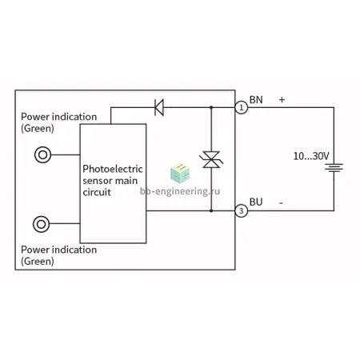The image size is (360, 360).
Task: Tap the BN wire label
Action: pos(256,100)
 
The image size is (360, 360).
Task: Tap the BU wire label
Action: pos(256,202)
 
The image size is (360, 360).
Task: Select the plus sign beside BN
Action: pos(282,100)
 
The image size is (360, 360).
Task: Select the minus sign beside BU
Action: pos(281,203)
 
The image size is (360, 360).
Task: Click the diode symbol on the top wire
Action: pos(159,107)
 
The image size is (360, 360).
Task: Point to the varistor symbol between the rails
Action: pos(211,159)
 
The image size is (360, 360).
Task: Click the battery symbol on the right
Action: pos(334,167)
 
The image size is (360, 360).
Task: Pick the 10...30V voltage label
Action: pos(311,156)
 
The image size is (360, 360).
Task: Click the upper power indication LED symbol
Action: pos(42,154)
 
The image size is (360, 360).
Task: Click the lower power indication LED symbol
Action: pos(41,224)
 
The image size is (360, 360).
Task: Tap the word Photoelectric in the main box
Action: pos(113,169)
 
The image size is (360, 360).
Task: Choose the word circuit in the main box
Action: pos(97,192)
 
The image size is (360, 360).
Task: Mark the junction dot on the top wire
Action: pos(211,107)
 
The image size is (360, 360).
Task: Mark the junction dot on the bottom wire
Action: pos(211,210)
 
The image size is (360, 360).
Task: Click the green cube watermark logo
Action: pos(180,174)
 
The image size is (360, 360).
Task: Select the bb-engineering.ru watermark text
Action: pos(180,191)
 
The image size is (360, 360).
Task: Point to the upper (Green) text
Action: pos(38,129)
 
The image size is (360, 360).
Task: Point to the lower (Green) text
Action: pos(38,262)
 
